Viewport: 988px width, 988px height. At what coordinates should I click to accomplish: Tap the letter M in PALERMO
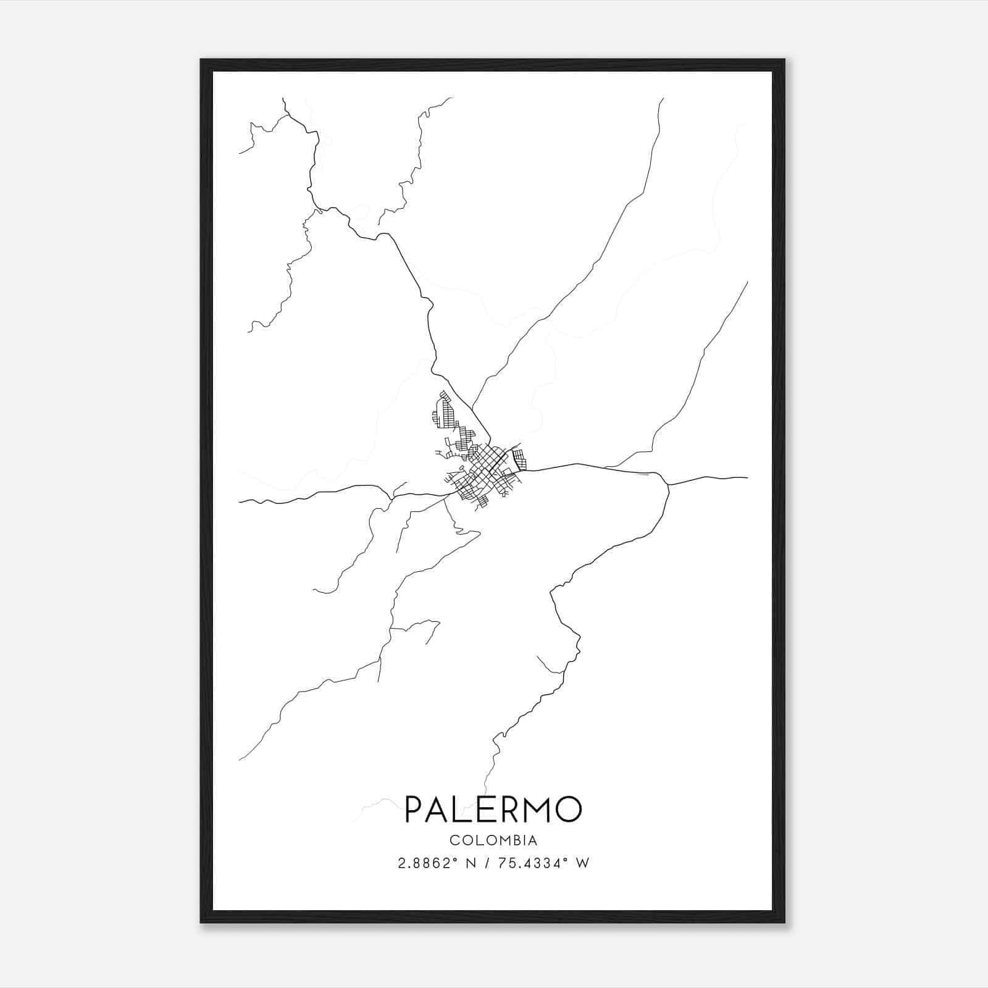coord(537,810)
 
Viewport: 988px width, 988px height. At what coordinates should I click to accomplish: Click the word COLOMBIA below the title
coord(493,840)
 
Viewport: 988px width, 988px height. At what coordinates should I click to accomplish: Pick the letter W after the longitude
coord(582,863)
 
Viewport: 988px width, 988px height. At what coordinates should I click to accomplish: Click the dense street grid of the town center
coord(488,469)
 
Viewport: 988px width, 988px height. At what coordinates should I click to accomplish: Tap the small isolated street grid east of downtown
coord(520,459)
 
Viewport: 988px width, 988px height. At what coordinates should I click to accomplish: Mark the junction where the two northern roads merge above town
coord(472,408)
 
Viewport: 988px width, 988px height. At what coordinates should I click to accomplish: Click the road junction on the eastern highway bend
coord(668,485)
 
